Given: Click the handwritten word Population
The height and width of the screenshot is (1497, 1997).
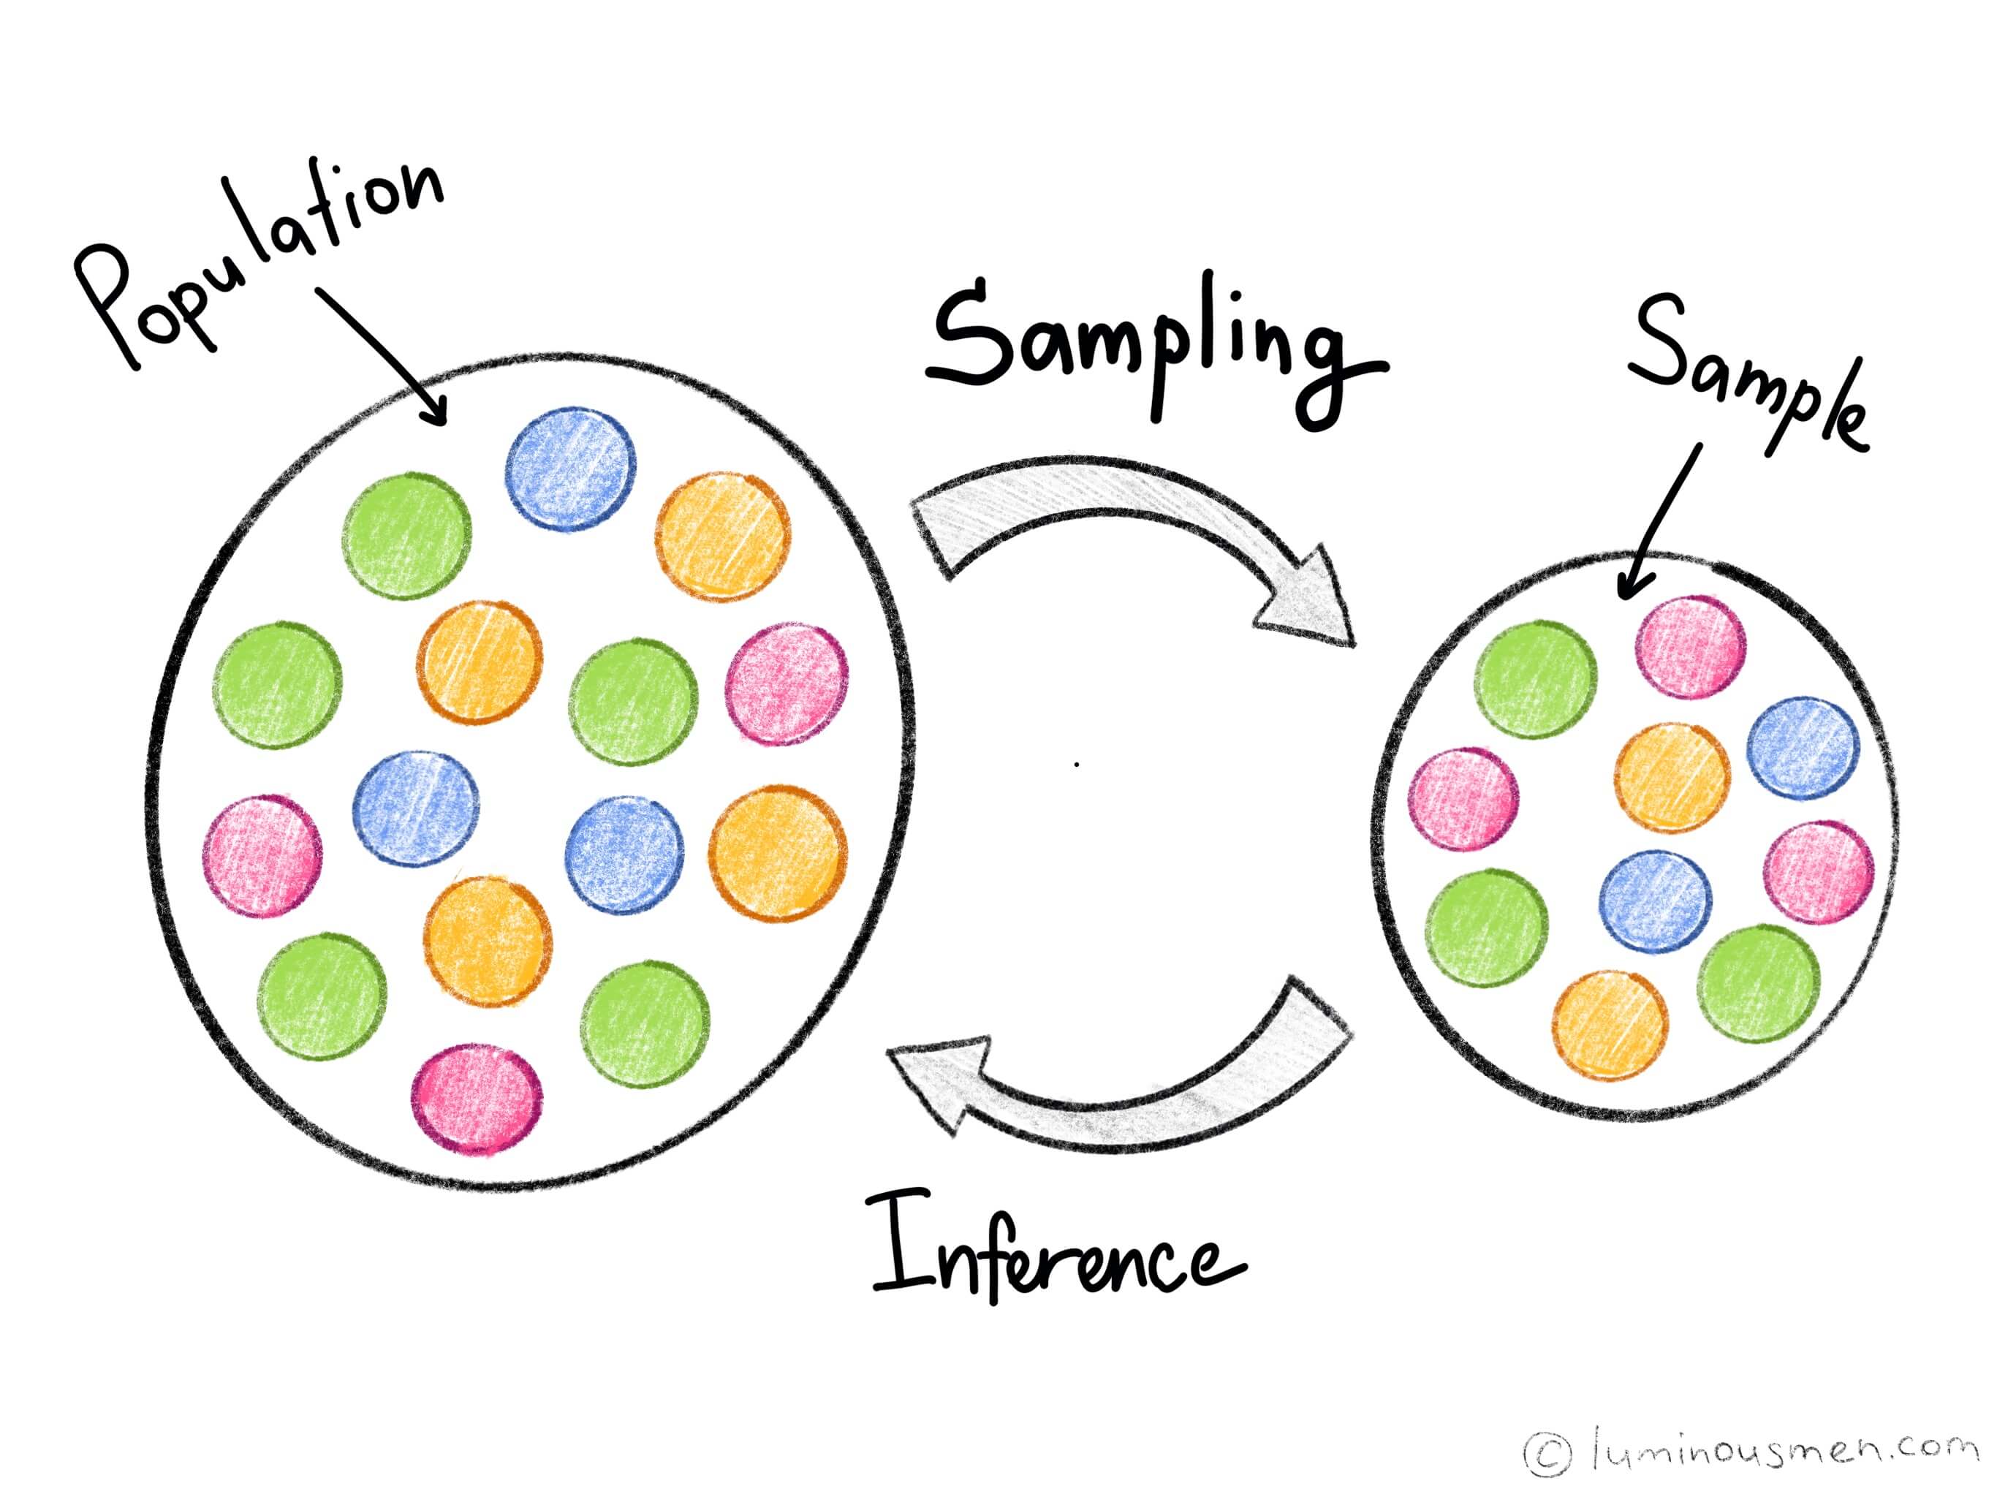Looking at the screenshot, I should click(x=262, y=262).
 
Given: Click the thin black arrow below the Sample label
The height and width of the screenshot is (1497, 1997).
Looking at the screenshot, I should click(x=1661, y=523).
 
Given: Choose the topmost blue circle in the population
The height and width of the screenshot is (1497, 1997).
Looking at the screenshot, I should click(x=571, y=469).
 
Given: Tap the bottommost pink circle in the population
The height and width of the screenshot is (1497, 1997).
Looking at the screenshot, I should click(x=477, y=1099).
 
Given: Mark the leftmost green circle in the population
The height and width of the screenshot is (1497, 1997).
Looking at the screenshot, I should click(x=278, y=684).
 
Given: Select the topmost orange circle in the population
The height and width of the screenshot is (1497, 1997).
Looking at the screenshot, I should click(x=722, y=535).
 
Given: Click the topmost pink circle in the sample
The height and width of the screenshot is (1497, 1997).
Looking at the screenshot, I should click(x=1691, y=646).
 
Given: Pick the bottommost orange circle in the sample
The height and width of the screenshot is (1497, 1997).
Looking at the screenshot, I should click(x=1610, y=1024).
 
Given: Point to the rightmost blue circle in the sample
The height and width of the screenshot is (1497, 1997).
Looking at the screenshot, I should click(x=1803, y=748).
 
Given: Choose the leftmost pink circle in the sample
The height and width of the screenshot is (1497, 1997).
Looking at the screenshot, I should click(x=1463, y=799).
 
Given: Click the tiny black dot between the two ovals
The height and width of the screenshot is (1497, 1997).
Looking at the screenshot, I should click(x=1077, y=765).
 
